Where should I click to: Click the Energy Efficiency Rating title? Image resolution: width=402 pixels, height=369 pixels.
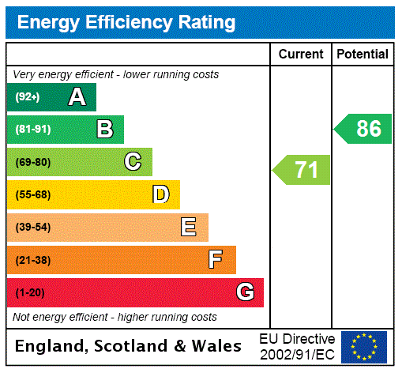126,22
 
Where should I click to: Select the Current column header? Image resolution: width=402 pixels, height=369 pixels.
301,54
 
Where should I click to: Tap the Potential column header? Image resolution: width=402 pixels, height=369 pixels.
363,54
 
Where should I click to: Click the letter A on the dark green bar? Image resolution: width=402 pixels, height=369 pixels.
77,97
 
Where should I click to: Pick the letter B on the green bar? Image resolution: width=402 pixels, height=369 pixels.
104,130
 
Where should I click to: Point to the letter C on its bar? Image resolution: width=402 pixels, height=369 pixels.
133,162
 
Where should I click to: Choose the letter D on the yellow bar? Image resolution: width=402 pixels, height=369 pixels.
160,194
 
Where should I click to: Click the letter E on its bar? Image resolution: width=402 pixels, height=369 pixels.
189,228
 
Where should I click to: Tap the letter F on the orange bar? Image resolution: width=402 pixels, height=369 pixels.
216,260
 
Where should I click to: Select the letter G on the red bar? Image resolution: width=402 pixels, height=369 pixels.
245,292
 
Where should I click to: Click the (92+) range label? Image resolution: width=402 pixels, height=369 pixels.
28,98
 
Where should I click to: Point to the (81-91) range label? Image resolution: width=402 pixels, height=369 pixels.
32,130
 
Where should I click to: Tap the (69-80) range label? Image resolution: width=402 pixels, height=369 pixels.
32,163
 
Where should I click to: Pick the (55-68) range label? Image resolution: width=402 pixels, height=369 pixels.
32,195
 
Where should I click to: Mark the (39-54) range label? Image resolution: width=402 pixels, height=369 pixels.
32,228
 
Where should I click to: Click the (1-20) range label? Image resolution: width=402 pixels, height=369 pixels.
30,293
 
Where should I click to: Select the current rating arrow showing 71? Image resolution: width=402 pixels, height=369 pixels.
302,170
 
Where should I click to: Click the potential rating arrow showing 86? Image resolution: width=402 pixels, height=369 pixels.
363,129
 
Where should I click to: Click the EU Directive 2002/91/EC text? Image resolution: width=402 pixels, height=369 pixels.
297,346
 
